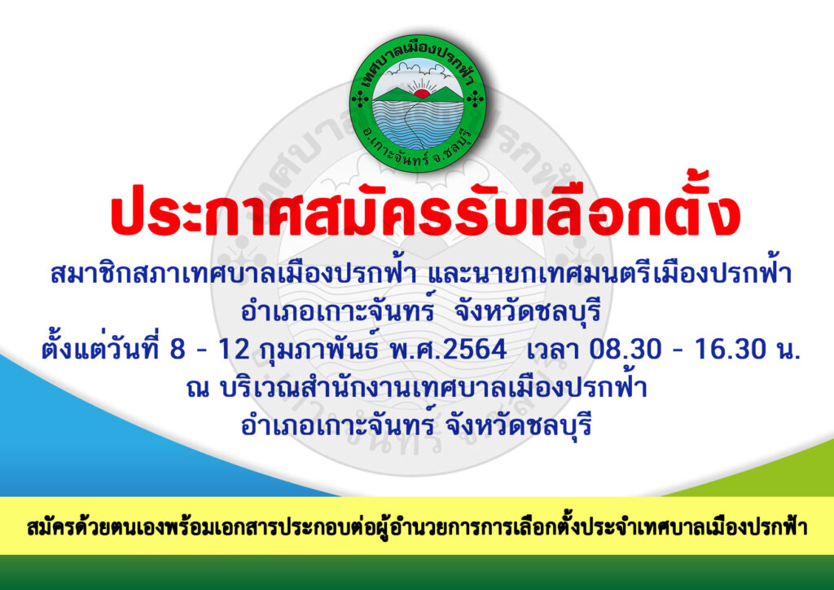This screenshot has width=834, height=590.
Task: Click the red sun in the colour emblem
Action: click(x=422, y=95)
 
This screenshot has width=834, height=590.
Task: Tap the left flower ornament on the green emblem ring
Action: click(x=361, y=99)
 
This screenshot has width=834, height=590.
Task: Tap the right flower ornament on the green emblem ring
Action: click(x=475, y=99)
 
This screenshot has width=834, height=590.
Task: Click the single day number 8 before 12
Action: click(x=178, y=350)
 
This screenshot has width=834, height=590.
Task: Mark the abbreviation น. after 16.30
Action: click(x=788, y=350)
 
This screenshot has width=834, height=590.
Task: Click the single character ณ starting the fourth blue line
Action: click(x=198, y=389)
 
